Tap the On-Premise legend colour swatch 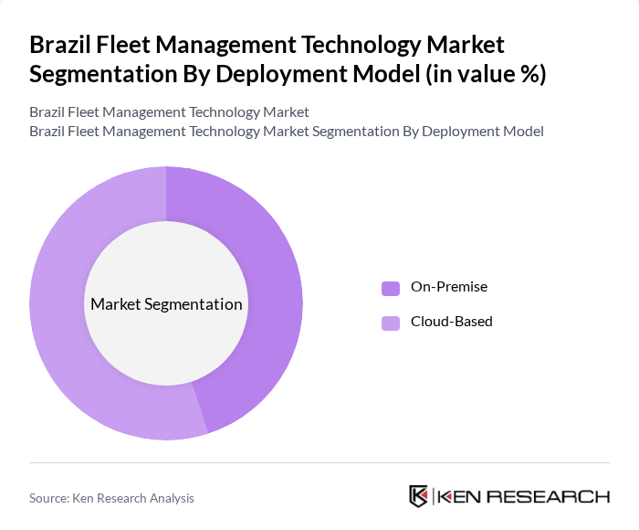[391, 288]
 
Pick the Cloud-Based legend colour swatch [391, 323]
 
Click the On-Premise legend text [449, 287]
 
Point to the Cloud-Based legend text [451, 322]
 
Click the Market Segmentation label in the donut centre [166, 304]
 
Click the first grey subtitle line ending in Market [169, 112]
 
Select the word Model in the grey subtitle [523, 132]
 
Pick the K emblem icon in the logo [419, 496]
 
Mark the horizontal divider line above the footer [319, 462]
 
